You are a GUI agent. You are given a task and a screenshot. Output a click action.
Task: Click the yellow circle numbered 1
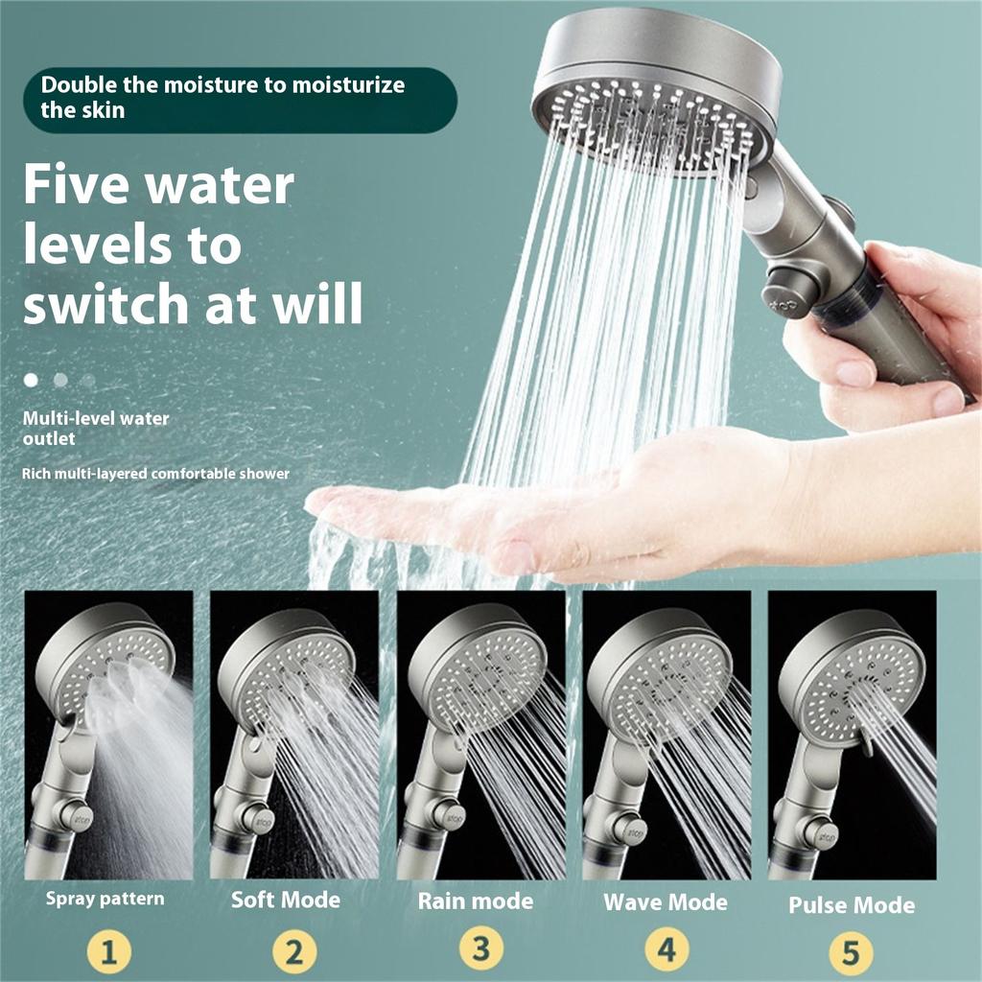pos(108,953)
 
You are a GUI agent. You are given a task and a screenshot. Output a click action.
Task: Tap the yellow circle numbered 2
pos(293,953)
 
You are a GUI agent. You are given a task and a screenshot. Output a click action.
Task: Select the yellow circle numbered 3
pos(480,950)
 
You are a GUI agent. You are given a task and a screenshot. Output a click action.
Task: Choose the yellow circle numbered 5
pos(851,954)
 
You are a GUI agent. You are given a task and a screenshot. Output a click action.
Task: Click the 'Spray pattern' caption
pos(105,900)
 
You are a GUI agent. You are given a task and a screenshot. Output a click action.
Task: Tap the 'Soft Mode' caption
pos(286,900)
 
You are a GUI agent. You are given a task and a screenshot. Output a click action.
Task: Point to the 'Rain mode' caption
pos(476,900)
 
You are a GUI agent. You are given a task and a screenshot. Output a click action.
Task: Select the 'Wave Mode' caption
pos(665,901)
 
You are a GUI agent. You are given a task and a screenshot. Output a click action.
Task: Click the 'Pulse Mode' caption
pos(851,904)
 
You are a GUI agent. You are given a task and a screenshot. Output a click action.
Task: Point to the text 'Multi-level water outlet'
pos(96,429)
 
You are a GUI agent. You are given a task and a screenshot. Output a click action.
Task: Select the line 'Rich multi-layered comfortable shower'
pos(156,474)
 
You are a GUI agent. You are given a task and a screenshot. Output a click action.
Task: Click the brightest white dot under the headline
pos(31,380)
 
